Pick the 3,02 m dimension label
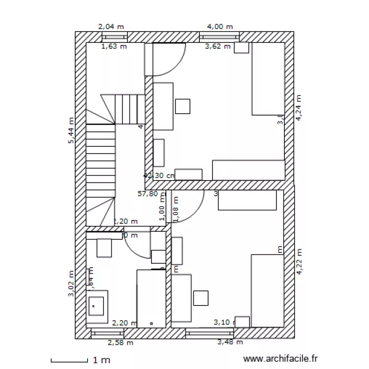click(72, 284)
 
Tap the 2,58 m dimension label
click(121, 342)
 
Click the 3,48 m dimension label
click(230, 342)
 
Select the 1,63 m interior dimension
click(114, 47)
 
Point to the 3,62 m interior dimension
click(217, 47)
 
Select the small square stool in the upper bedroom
click(183, 106)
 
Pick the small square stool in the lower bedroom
click(201, 298)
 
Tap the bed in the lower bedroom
click(267, 290)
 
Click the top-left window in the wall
click(114, 37)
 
